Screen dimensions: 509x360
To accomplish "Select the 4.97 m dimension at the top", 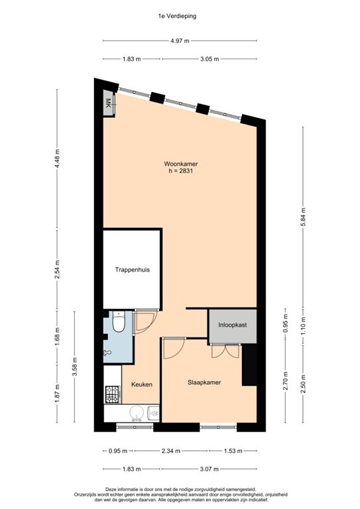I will point(180,40).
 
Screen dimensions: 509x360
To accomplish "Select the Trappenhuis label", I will point(132,271).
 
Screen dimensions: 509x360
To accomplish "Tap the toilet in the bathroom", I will point(118,323).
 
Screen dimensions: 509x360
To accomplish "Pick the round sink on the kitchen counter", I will point(137,414).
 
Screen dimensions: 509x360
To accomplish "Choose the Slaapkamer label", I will point(204,382).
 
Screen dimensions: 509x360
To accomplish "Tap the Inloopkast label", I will point(233,325).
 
